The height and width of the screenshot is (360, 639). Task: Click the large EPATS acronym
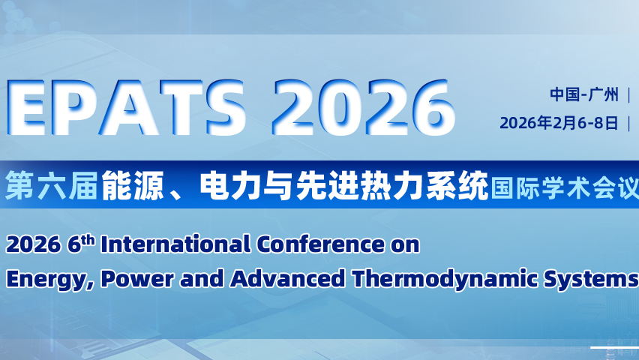coord(126,108)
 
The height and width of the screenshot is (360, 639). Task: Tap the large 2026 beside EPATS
coord(364,108)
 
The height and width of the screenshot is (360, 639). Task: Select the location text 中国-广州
coord(584,94)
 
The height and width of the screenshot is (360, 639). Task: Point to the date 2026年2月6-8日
coord(559,123)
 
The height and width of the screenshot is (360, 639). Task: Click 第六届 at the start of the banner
coord(51,186)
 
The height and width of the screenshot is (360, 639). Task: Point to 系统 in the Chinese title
coord(457,186)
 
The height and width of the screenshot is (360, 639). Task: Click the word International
coord(175,244)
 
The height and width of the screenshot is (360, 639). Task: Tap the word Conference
coord(320,244)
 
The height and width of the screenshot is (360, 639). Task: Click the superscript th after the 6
coord(88,240)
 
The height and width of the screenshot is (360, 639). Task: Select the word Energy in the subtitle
coord(48,280)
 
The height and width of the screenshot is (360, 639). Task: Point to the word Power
coord(137,279)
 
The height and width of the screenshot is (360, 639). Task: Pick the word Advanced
coord(287,279)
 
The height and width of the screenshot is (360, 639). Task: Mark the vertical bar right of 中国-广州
coord(629,94)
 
